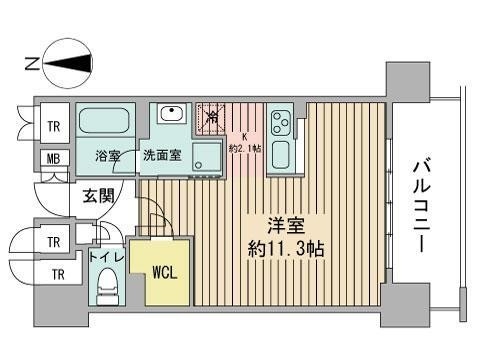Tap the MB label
pyautogui.click(x=49, y=158)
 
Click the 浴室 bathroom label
pyautogui.click(x=109, y=155)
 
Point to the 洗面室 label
pyautogui.click(x=162, y=155)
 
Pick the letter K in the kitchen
pyautogui.click(x=241, y=137)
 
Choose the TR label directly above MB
pyautogui.click(x=49, y=126)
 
